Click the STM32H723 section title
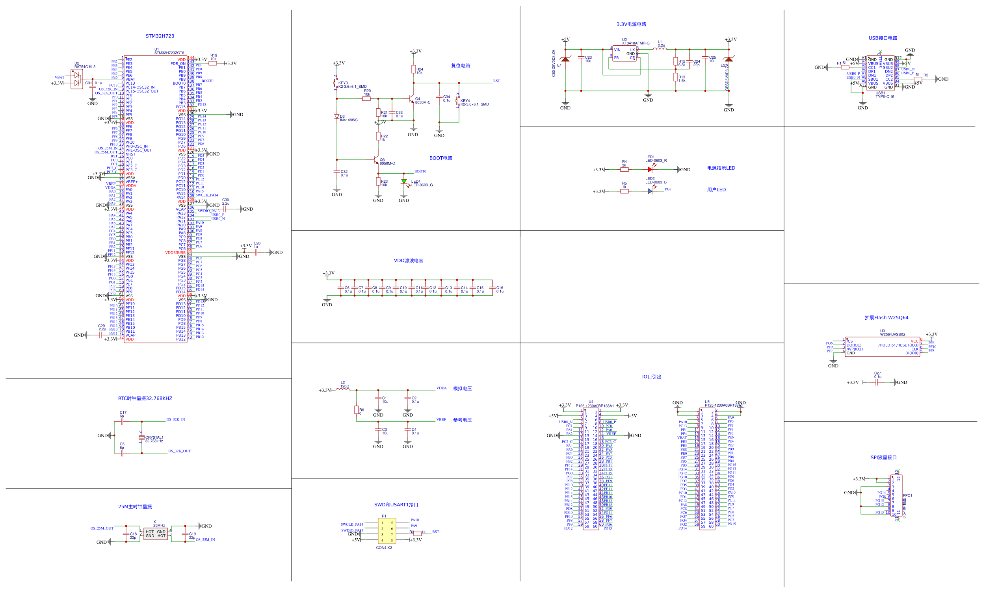click(160, 36)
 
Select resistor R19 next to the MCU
click(213, 63)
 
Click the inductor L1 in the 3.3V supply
click(660, 49)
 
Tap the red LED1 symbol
click(650, 170)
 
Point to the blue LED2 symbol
click(650, 191)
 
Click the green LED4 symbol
click(403, 182)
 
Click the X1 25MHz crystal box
click(155, 534)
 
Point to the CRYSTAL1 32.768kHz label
click(154, 439)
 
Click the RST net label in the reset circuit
click(496, 81)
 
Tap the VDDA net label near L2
click(441, 388)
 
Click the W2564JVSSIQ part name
click(892, 335)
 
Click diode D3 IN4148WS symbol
click(337, 117)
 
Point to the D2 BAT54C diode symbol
click(76, 79)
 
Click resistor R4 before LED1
click(624, 170)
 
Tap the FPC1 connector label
click(907, 495)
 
